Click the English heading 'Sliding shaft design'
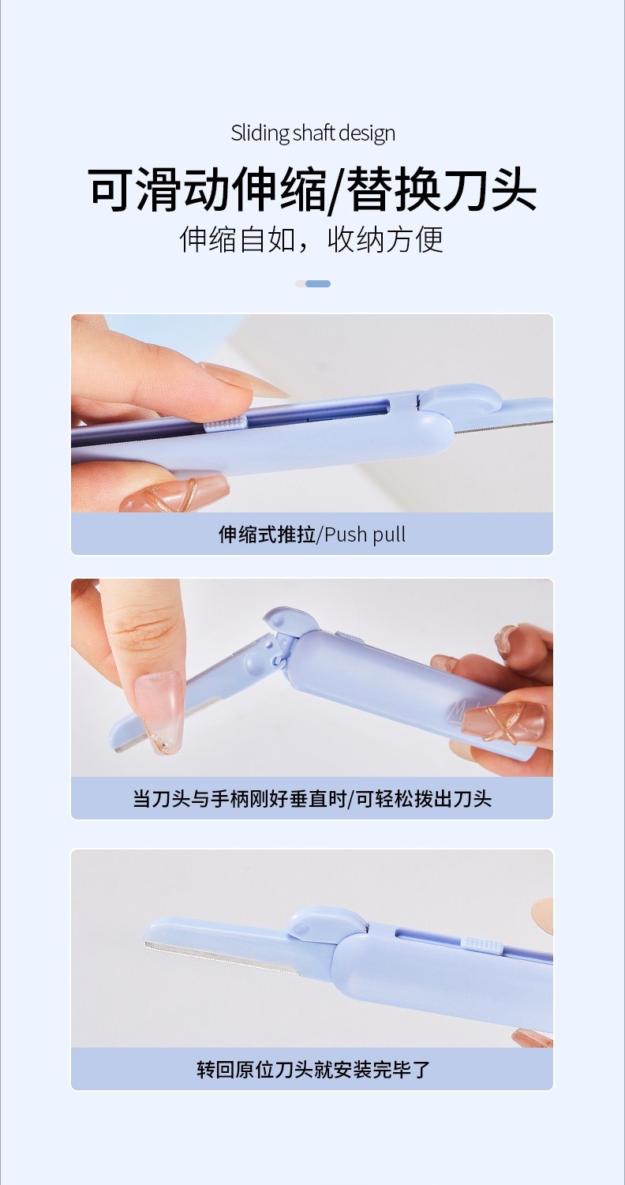point(312,133)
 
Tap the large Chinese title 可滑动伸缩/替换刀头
point(312,189)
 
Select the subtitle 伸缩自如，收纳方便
point(312,240)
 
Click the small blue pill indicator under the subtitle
point(318,284)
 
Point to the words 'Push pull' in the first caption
point(365,534)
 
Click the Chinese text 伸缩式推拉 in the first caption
point(267,534)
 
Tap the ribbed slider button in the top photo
point(225,424)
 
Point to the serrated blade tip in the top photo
point(503,427)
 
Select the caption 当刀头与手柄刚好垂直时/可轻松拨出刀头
point(312,798)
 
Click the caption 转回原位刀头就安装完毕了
point(313,1070)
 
